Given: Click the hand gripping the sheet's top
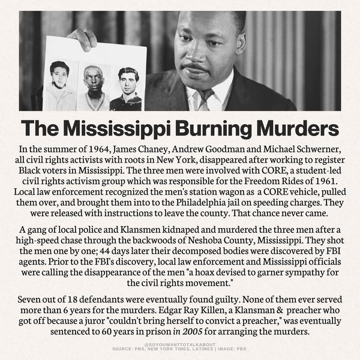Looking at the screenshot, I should [x=82, y=38].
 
